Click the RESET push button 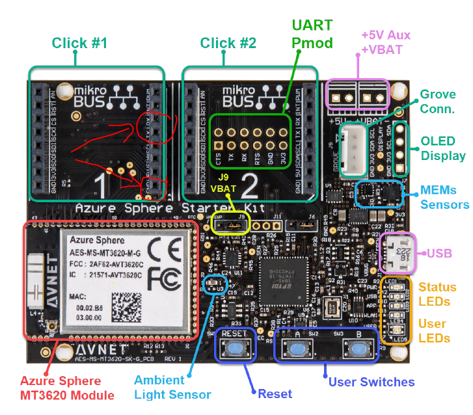(235, 350)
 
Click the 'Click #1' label (79, 44)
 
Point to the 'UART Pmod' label (312, 34)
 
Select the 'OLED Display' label (443, 148)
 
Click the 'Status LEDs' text (437, 294)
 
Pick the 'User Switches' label (372, 382)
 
